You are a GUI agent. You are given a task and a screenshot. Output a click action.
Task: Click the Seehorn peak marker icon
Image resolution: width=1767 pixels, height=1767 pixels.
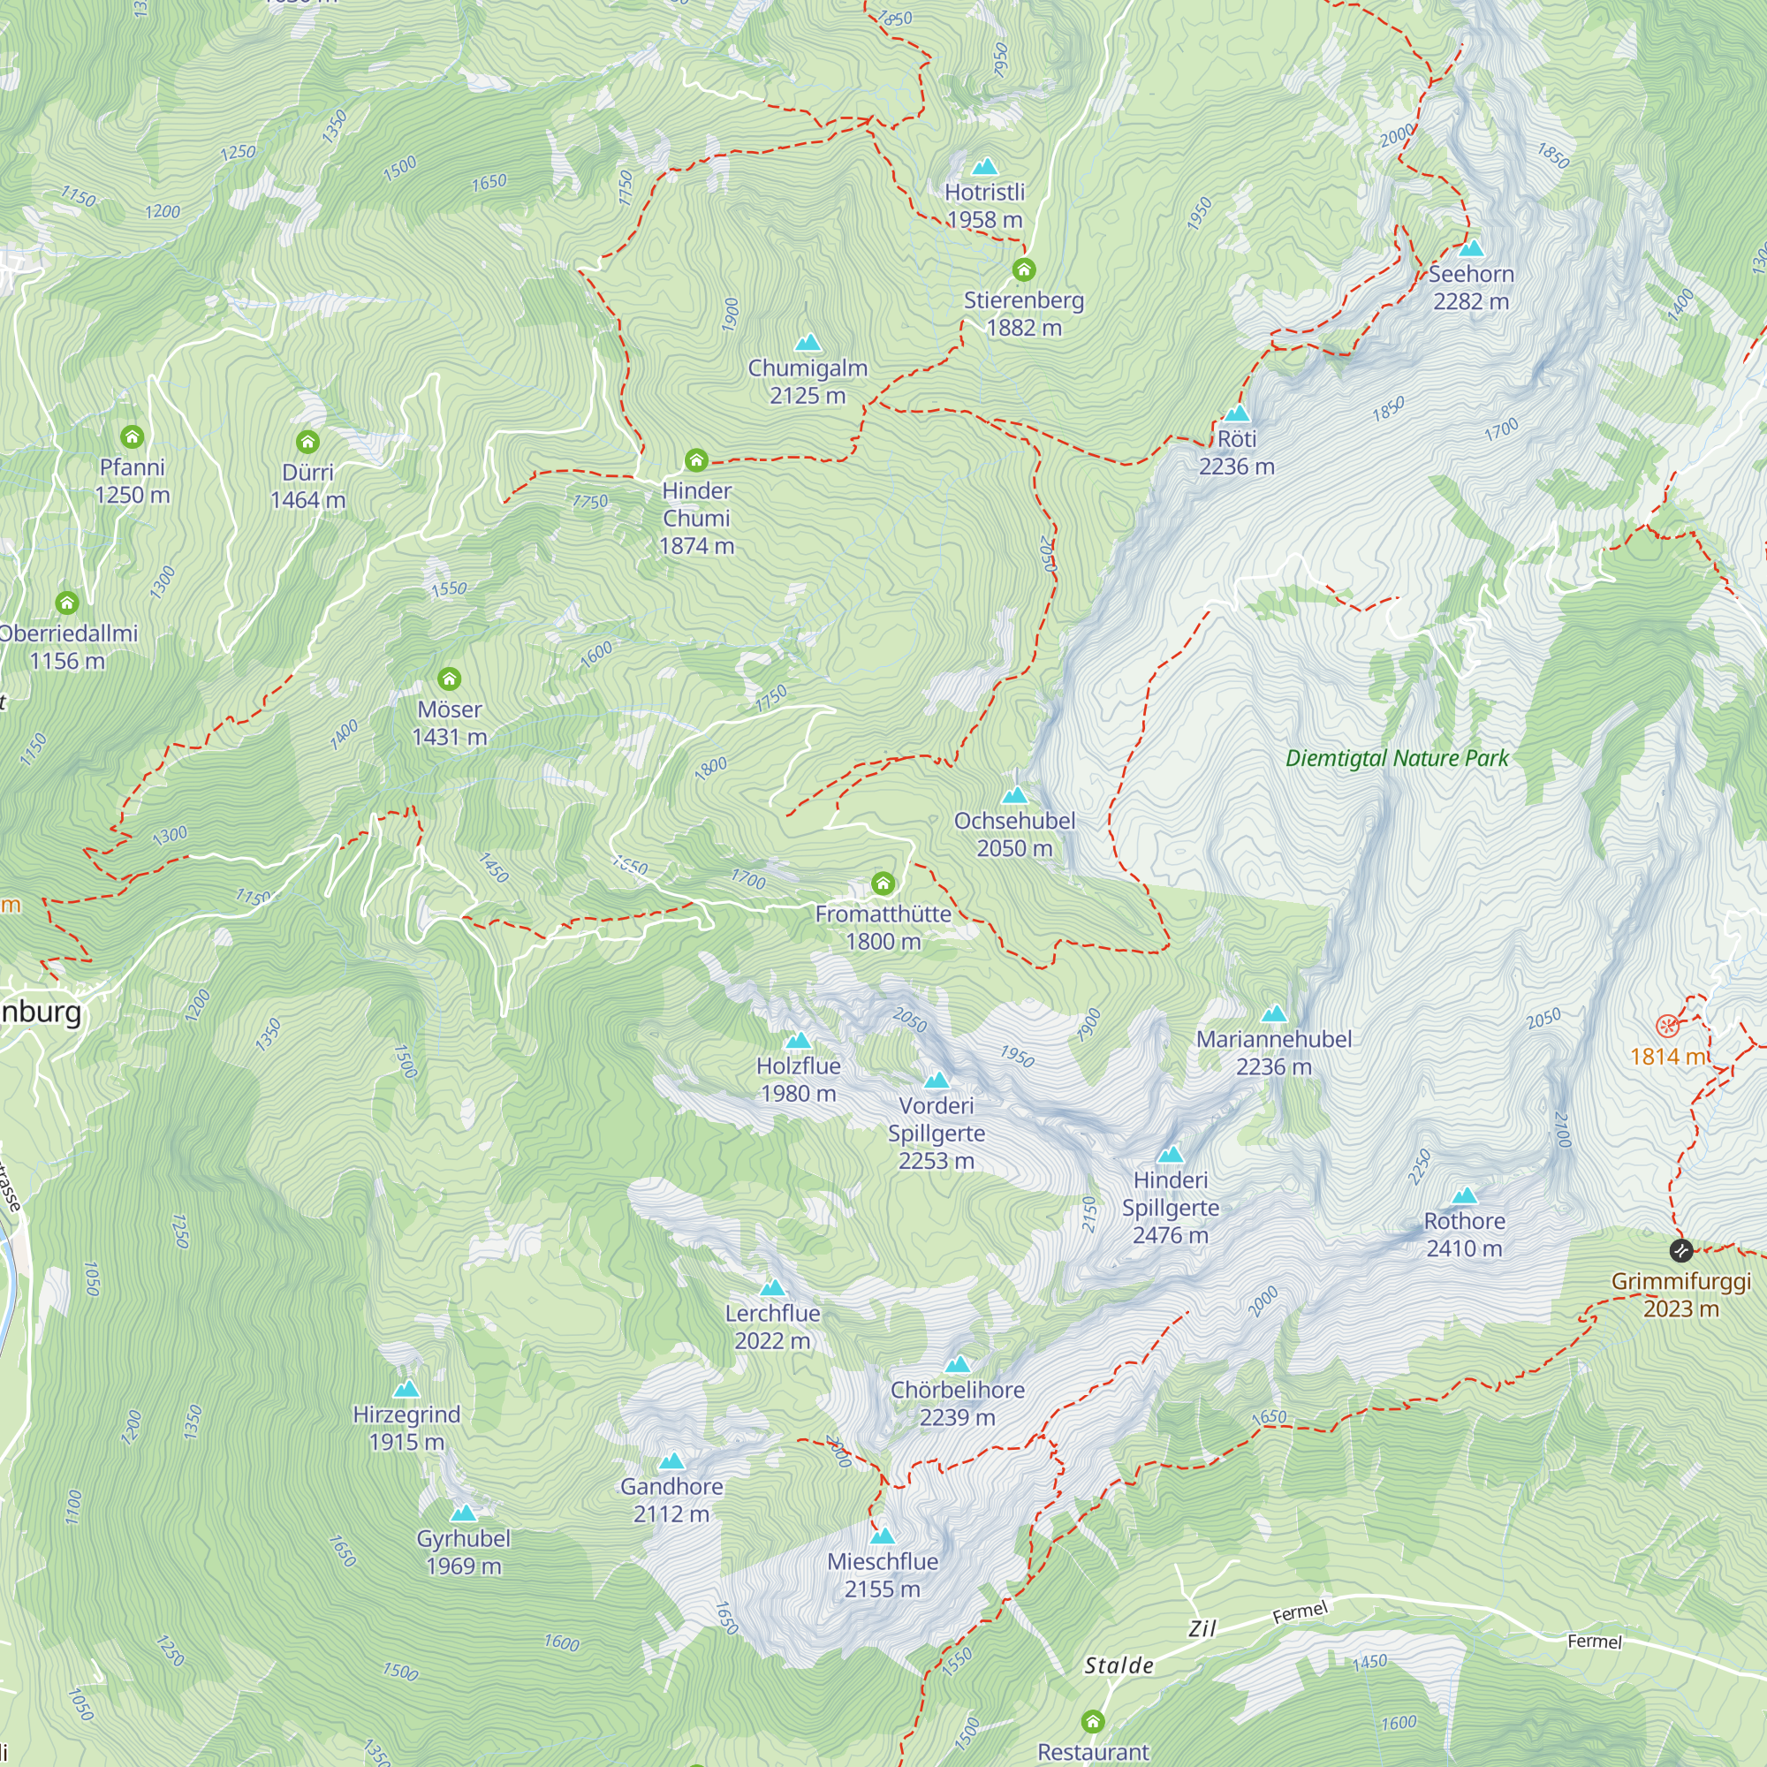(x=1471, y=248)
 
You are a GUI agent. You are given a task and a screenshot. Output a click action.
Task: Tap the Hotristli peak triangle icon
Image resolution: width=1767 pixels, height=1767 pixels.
(x=984, y=166)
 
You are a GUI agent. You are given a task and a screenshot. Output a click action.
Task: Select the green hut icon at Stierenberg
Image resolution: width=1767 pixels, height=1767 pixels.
(x=1023, y=269)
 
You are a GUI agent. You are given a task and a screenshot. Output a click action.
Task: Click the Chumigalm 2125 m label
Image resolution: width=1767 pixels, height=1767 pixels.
(x=807, y=382)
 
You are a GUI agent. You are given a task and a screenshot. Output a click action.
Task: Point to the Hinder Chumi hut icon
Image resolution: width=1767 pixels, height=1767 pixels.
(x=696, y=459)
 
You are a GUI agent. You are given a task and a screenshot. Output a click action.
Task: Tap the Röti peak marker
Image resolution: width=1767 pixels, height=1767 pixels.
(x=1237, y=413)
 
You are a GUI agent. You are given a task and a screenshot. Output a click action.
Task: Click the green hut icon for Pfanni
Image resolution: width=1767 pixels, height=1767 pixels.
(x=132, y=436)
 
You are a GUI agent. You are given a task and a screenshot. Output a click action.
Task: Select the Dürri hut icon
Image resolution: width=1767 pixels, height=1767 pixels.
(x=307, y=442)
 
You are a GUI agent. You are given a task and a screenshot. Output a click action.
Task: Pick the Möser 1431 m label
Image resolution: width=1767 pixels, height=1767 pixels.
(x=449, y=723)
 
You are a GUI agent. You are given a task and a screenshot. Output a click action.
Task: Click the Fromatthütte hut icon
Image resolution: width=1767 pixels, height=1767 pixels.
(x=883, y=883)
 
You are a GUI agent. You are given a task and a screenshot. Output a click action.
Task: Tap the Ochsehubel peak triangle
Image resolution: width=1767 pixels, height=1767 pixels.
(x=1014, y=795)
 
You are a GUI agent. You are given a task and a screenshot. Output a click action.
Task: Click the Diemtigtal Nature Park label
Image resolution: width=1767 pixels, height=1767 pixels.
(x=1397, y=758)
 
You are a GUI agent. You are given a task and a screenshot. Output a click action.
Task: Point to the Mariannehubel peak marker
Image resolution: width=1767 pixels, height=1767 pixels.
(x=1273, y=1013)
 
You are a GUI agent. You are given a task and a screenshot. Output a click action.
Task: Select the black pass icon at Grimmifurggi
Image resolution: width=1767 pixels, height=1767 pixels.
(x=1680, y=1249)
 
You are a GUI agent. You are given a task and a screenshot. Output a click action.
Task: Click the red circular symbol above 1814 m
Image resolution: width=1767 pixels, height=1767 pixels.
(x=1667, y=1025)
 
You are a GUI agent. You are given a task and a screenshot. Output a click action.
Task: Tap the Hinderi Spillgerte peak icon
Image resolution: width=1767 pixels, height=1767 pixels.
(x=1170, y=1154)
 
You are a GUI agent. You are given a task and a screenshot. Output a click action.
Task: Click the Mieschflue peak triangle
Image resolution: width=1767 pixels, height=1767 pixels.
(x=883, y=1536)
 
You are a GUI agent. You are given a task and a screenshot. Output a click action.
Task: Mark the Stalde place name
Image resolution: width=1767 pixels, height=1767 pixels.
(x=1119, y=1665)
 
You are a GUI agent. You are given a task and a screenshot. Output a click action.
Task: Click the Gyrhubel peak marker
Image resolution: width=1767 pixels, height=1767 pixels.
(x=464, y=1513)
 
